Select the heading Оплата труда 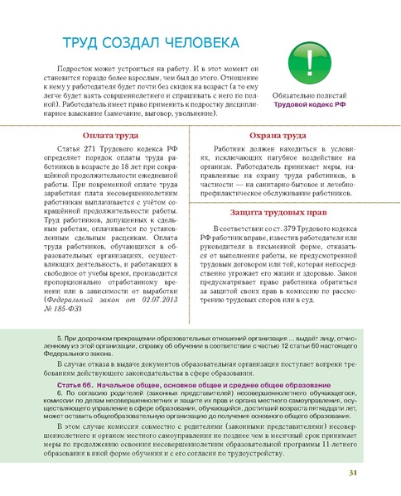[110, 136]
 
